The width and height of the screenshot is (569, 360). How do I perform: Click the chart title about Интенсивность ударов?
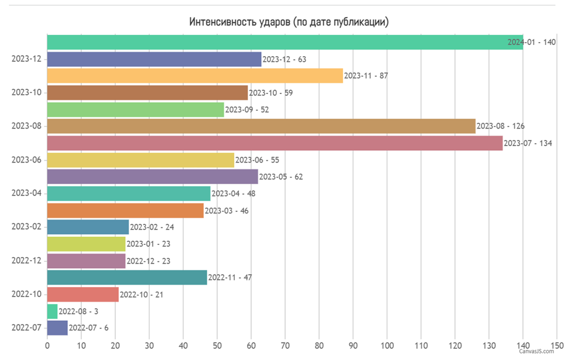point(289,22)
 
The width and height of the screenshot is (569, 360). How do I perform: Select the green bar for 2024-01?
point(285,42)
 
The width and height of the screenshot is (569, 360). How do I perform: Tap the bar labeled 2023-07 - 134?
point(275,143)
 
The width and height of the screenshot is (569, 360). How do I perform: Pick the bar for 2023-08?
point(261,126)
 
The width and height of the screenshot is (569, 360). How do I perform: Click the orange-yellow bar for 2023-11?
point(195,75)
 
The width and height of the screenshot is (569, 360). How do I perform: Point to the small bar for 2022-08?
point(52,311)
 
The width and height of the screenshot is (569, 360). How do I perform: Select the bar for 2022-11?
point(127,277)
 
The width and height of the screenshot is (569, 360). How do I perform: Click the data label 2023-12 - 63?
point(284,59)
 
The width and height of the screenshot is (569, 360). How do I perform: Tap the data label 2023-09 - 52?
point(247,110)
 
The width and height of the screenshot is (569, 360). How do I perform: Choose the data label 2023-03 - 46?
point(227,211)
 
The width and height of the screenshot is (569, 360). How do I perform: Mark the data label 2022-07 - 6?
point(89,328)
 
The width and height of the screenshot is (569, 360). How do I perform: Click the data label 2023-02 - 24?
point(152,227)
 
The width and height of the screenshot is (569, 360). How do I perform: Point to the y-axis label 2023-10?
point(26,92)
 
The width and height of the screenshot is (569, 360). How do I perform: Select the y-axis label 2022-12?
point(26,261)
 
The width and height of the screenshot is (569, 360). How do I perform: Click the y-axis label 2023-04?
point(26,193)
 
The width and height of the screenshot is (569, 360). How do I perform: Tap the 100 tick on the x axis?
point(387,346)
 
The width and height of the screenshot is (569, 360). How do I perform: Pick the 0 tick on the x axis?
point(47,346)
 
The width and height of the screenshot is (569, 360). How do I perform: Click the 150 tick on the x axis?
point(557,346)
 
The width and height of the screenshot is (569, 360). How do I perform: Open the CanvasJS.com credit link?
point(536,351)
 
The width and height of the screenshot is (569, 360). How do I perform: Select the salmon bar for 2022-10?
point(83,295)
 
